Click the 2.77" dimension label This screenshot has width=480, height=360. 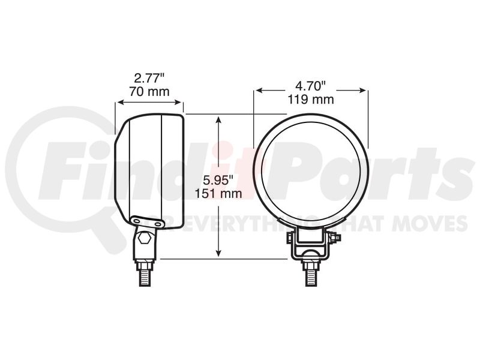tap(149, 79)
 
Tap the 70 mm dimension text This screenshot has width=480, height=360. tap(149, 92)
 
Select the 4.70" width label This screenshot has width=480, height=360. tap(311, 86)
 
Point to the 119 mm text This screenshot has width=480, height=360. tap(311, 100)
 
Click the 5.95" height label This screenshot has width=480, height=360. tap(218, 180)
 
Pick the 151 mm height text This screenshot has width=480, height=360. tap(218, 193)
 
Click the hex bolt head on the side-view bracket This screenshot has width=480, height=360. tap(144, 238)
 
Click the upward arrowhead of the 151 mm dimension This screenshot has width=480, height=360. tap(218, 119)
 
